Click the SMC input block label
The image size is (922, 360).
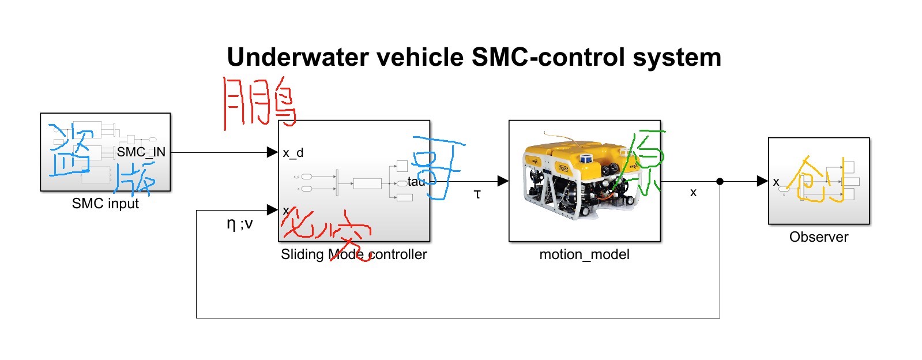105,204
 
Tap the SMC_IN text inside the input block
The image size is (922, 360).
141,152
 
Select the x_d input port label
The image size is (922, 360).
293,153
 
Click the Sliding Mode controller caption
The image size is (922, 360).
353,254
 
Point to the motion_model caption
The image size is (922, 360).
584,254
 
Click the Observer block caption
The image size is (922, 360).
818,237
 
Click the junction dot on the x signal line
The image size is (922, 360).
720,181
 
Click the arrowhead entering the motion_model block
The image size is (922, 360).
503,181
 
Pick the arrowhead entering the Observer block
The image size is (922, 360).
762,181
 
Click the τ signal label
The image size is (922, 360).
477,194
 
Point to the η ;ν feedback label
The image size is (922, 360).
239,224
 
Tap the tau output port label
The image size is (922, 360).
416,182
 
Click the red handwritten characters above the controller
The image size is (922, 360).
259,103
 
